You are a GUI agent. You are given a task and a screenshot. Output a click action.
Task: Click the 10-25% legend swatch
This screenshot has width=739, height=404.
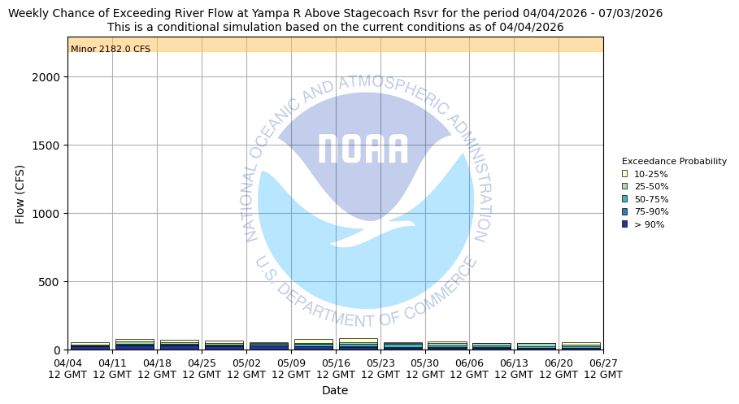pos(624,174)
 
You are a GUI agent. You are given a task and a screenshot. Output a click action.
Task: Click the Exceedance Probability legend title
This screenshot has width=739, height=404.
pos(674,162)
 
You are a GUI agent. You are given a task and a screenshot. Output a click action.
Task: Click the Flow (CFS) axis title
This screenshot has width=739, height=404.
pos(20,193)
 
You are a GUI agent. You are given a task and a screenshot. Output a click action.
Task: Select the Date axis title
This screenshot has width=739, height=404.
pos(335,390)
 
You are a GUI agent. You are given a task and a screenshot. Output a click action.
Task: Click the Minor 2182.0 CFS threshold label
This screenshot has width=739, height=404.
pos(111,50)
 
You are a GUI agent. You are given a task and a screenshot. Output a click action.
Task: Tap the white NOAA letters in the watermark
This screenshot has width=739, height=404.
pos(363,150)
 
